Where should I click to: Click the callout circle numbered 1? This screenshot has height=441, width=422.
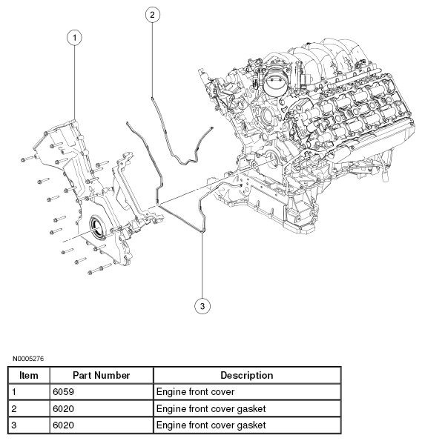[74, 36]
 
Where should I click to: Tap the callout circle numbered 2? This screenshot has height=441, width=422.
[151, 15]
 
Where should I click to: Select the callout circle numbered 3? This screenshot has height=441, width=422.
[201, 304]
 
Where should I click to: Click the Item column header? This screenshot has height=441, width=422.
[28, 376]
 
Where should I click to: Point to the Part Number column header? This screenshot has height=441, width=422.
[102, 376]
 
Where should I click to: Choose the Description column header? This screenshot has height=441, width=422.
[247, 376]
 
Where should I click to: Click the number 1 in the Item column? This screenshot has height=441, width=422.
[15, 391]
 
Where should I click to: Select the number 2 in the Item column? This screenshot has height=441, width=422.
[15, 408]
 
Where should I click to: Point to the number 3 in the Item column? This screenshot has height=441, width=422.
[15, 425]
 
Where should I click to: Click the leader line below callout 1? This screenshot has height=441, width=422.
[74, 82]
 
